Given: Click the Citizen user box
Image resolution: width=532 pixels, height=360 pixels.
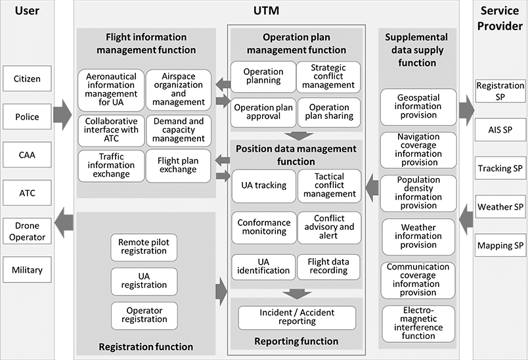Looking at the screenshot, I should pyautogui.click(x=27, y=79).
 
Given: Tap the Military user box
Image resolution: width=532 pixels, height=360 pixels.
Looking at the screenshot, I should pyautogui.click(x=27, y=269).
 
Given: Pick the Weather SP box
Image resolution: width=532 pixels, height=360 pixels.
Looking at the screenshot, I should pyautogui.click(x=500, y=207).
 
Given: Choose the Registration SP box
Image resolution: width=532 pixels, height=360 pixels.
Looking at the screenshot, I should pyautogui.click(x=500, y=91).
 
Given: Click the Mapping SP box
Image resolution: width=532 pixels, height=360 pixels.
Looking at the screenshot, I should pyautogui.click(x=500, y=246).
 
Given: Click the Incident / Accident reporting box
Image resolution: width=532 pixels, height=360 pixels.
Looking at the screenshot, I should pyautogui.click(x=297, y=317).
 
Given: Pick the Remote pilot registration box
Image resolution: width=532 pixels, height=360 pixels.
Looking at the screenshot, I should pyautogui.click(x=143, y=247).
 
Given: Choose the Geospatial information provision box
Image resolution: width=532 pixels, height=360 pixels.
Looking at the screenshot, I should pyautogui.click(x=418, y=106).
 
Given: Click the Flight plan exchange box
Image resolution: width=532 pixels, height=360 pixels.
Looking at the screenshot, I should pyautogui.click(x=178, y=165).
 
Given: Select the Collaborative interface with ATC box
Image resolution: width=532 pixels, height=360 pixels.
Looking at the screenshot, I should pyautogui.click(x=111, y=129).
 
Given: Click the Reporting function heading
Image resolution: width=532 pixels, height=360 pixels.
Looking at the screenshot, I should pyautogui.click(x=297, y=341).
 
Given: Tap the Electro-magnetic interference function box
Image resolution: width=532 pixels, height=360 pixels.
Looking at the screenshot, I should pyautogui.click(x=418, y=322).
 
